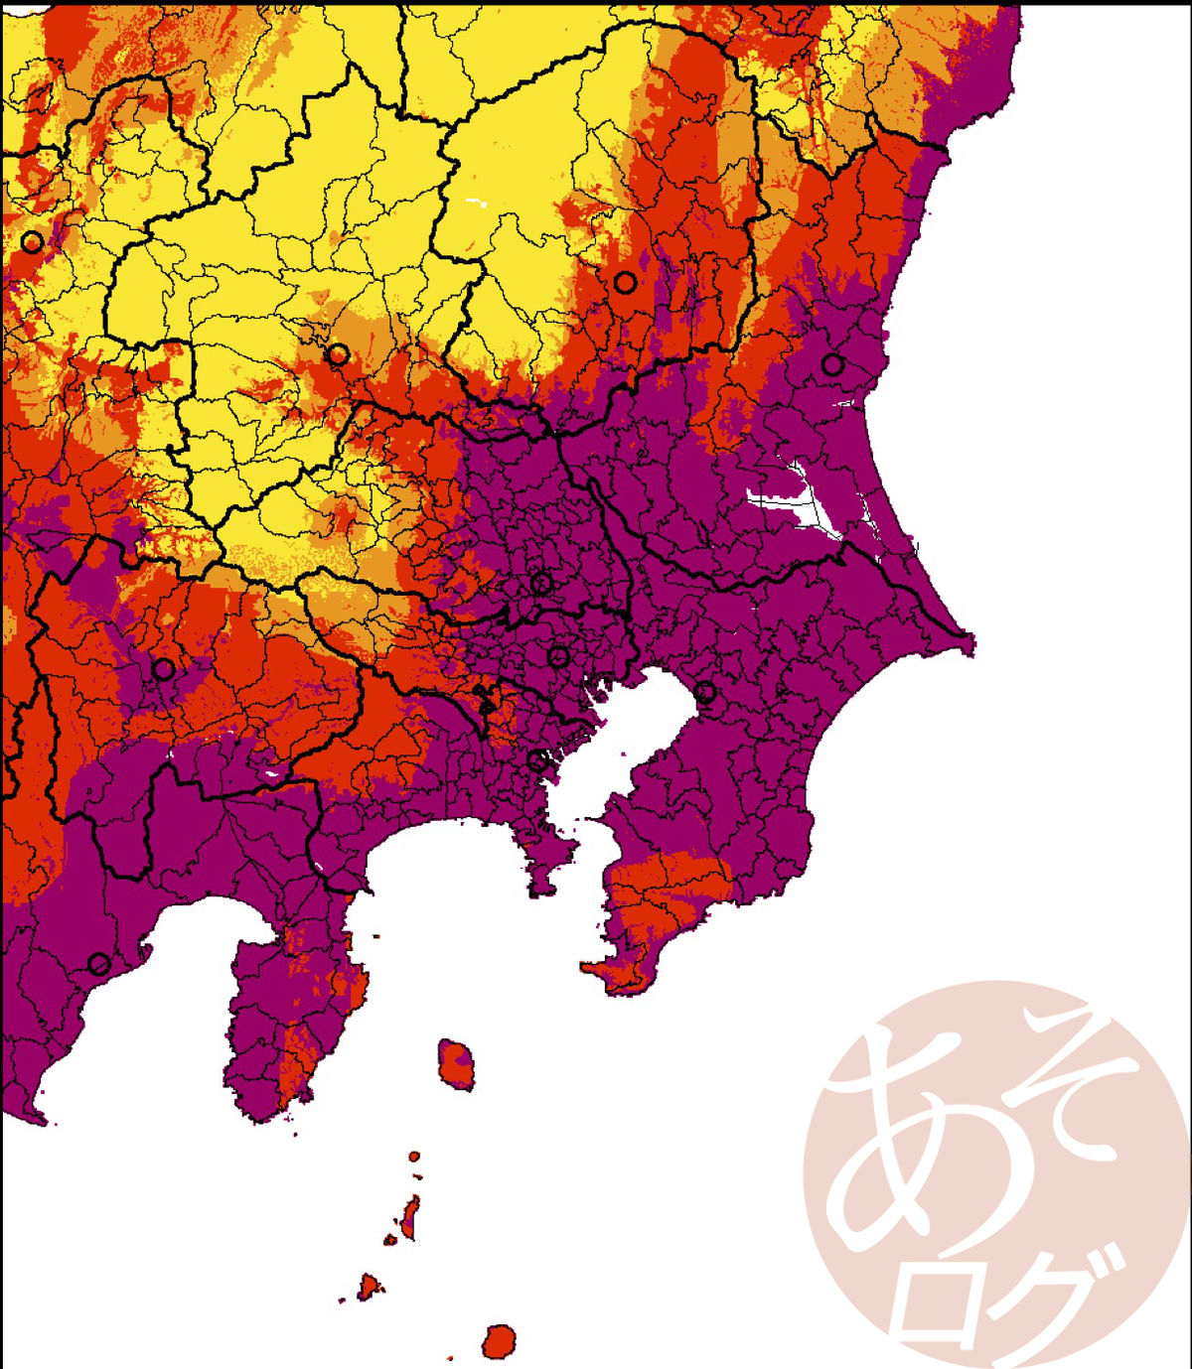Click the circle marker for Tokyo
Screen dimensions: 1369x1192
(x=559, y=656)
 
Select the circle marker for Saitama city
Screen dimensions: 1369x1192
(x=541, y=583)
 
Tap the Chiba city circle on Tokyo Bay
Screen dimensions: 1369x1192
(x=705, y=692)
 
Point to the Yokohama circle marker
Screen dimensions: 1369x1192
(x=537, y=761)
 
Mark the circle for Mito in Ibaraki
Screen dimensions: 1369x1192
(x=832, y=364)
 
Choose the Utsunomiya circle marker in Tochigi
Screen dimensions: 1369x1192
(x=624, y=283)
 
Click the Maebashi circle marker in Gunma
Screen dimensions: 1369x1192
(x=338, y=354)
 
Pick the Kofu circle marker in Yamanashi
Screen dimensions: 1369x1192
(x=164, y=670)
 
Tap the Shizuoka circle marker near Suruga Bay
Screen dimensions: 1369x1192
(x=98, y=963)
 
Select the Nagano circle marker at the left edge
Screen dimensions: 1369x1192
(x=32, y=241)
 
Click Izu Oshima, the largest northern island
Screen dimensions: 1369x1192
(x=457, y=1063)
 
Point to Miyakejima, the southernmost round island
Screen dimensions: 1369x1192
(x=500, y=1341)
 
